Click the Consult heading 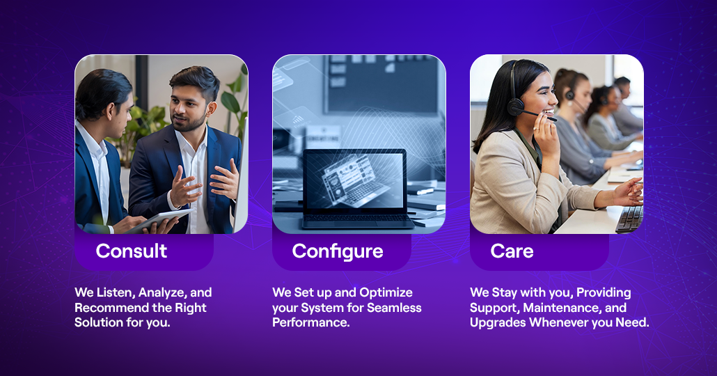[132, 251]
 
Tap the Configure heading [338, 252]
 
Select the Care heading [512, 251]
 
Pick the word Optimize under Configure [386, 292]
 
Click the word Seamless [394, 307]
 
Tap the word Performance [311, 322]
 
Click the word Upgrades [498, 323]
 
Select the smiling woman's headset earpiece [515, 107]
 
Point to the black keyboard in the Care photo [630, 219]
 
